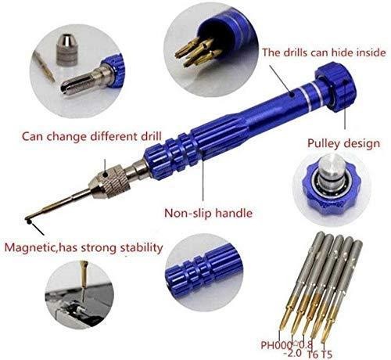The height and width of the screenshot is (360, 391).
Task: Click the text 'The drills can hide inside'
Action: [x=324, y=52]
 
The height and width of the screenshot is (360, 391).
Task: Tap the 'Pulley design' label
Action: [x=343, y=144]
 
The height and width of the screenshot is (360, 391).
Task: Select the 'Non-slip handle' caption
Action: [x=208, y=213]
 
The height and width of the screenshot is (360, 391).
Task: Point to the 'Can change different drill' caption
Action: [x=91, y=136]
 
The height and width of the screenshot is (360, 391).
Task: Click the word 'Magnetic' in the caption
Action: [x=30, y=247]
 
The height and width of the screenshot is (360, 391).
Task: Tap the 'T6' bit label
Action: [x=313, y=355]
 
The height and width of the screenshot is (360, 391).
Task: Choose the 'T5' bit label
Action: [x=326, y=355]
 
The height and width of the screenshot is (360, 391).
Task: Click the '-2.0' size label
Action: [x=292, y=353]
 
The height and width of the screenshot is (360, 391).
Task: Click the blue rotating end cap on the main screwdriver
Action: [x=335, y=87]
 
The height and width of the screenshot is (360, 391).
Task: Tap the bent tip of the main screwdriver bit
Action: [x=28, y=221]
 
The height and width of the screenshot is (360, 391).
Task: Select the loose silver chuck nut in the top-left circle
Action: [x=67, y=49]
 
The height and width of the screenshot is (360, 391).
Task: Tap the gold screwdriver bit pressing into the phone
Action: [x=84, y=274]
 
